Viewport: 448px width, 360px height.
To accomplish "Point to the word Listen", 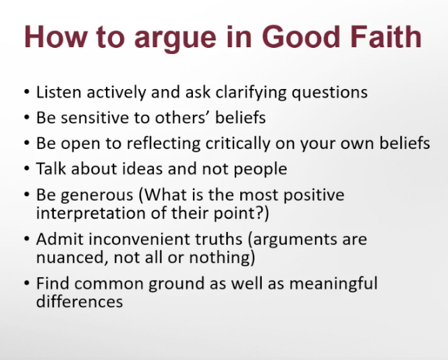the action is click(x=59, y=92).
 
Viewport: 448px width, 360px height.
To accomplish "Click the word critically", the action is click(x=238, y=144).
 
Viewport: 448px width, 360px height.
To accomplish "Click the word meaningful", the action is click(x=333, y=284).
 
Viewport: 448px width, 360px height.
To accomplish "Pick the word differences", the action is click(x=80, y=301).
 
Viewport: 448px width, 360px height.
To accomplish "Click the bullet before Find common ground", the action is click(x=27, y=283).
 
